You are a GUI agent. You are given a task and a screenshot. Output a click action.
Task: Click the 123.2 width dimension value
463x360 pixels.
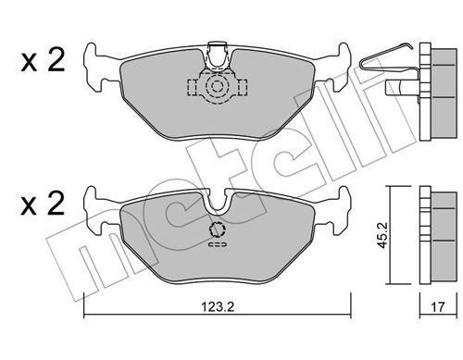(218, 307)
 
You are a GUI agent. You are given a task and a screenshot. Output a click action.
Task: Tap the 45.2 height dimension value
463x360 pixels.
(383, 236)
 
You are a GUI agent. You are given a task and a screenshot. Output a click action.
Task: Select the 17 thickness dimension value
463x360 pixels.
(438, 307)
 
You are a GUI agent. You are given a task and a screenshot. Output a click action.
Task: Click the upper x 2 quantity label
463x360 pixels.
(43, 62)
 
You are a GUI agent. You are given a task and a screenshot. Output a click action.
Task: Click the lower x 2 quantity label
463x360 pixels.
(43, 204)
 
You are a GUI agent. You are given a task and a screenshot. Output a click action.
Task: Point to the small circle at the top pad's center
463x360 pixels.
(218, 86)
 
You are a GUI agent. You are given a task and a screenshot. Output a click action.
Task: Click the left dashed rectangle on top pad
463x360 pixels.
(193, 87)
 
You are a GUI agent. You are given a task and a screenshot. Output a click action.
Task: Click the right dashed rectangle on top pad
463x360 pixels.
(243, 87)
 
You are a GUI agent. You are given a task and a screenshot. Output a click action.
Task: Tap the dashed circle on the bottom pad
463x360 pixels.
(218, 230)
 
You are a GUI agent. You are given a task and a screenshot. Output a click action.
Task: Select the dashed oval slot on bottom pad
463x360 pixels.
(218, 244)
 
